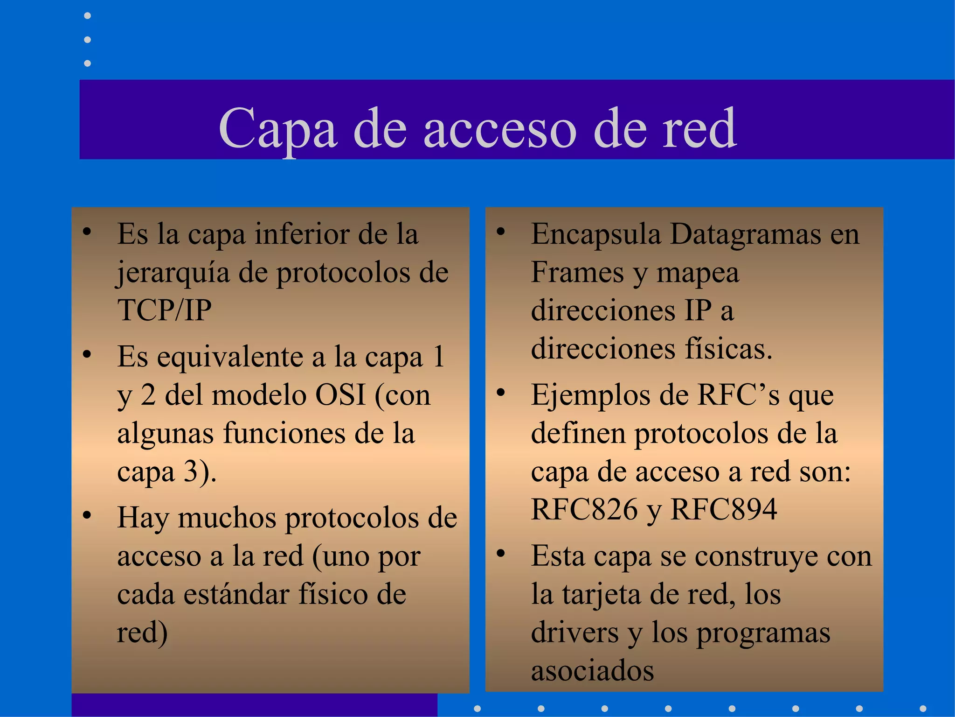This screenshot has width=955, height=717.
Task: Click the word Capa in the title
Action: coord(277,128)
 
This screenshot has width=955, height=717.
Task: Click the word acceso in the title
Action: coord(499,128)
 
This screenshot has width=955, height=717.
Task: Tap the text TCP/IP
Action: coord(164,310)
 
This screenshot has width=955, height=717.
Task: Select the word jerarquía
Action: coord(173,273)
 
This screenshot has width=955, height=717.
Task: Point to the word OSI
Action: coord(340,395)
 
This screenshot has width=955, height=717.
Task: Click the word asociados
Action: coord(592,671)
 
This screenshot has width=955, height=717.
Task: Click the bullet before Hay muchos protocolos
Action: coord(87,515)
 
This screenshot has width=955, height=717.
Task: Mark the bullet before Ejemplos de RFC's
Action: coord(500,393)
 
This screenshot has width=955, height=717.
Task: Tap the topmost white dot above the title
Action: coord(87,16)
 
